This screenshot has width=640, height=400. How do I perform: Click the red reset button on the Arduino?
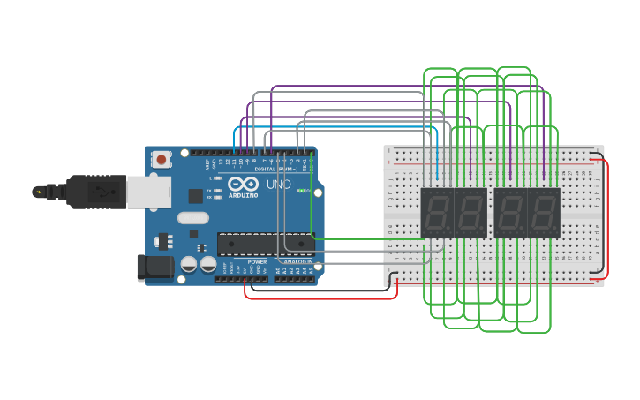[162, 160]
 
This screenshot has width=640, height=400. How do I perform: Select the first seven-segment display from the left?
[437, 212]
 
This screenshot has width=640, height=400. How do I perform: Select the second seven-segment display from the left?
[471, 212]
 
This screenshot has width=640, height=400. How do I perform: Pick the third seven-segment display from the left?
[511, 212]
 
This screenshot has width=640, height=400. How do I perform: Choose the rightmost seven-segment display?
[544, 212]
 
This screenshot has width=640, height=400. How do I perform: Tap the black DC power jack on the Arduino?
[154, 268]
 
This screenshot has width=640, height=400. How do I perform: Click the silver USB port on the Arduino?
[148, 191]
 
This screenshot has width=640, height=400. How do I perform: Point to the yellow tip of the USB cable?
[38, 191]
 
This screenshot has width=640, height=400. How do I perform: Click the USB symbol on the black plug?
[104, 191]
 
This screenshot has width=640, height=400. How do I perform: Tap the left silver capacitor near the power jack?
[189, 264]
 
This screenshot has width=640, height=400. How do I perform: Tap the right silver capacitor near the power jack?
[208, 264]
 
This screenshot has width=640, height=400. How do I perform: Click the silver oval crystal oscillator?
[193, 218]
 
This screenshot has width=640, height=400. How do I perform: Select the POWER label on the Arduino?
[257, 262]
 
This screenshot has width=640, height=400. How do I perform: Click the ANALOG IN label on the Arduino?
[298, 262]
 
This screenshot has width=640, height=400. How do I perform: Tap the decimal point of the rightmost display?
[557, 232]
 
